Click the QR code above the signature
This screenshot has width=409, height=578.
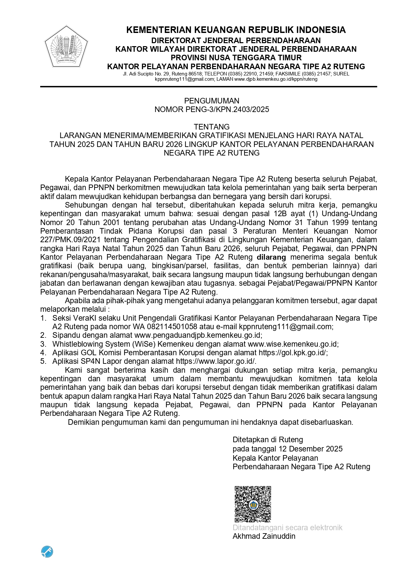coord(252,504)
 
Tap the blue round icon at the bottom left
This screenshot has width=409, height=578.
coord(47,551)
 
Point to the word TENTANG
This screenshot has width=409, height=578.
coord(212,127)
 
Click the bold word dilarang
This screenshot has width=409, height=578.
coord(272,257)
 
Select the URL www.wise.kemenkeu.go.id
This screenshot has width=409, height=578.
coord(292,344)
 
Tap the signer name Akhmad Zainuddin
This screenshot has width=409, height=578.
coord(264,536)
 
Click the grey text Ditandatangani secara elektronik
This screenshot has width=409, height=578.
coord(287,528)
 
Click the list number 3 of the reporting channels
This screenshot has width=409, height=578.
coord(43,344)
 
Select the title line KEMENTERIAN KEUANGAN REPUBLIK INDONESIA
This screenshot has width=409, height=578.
coord(236,30)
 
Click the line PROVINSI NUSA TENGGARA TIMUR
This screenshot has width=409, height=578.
coord(236,58)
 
